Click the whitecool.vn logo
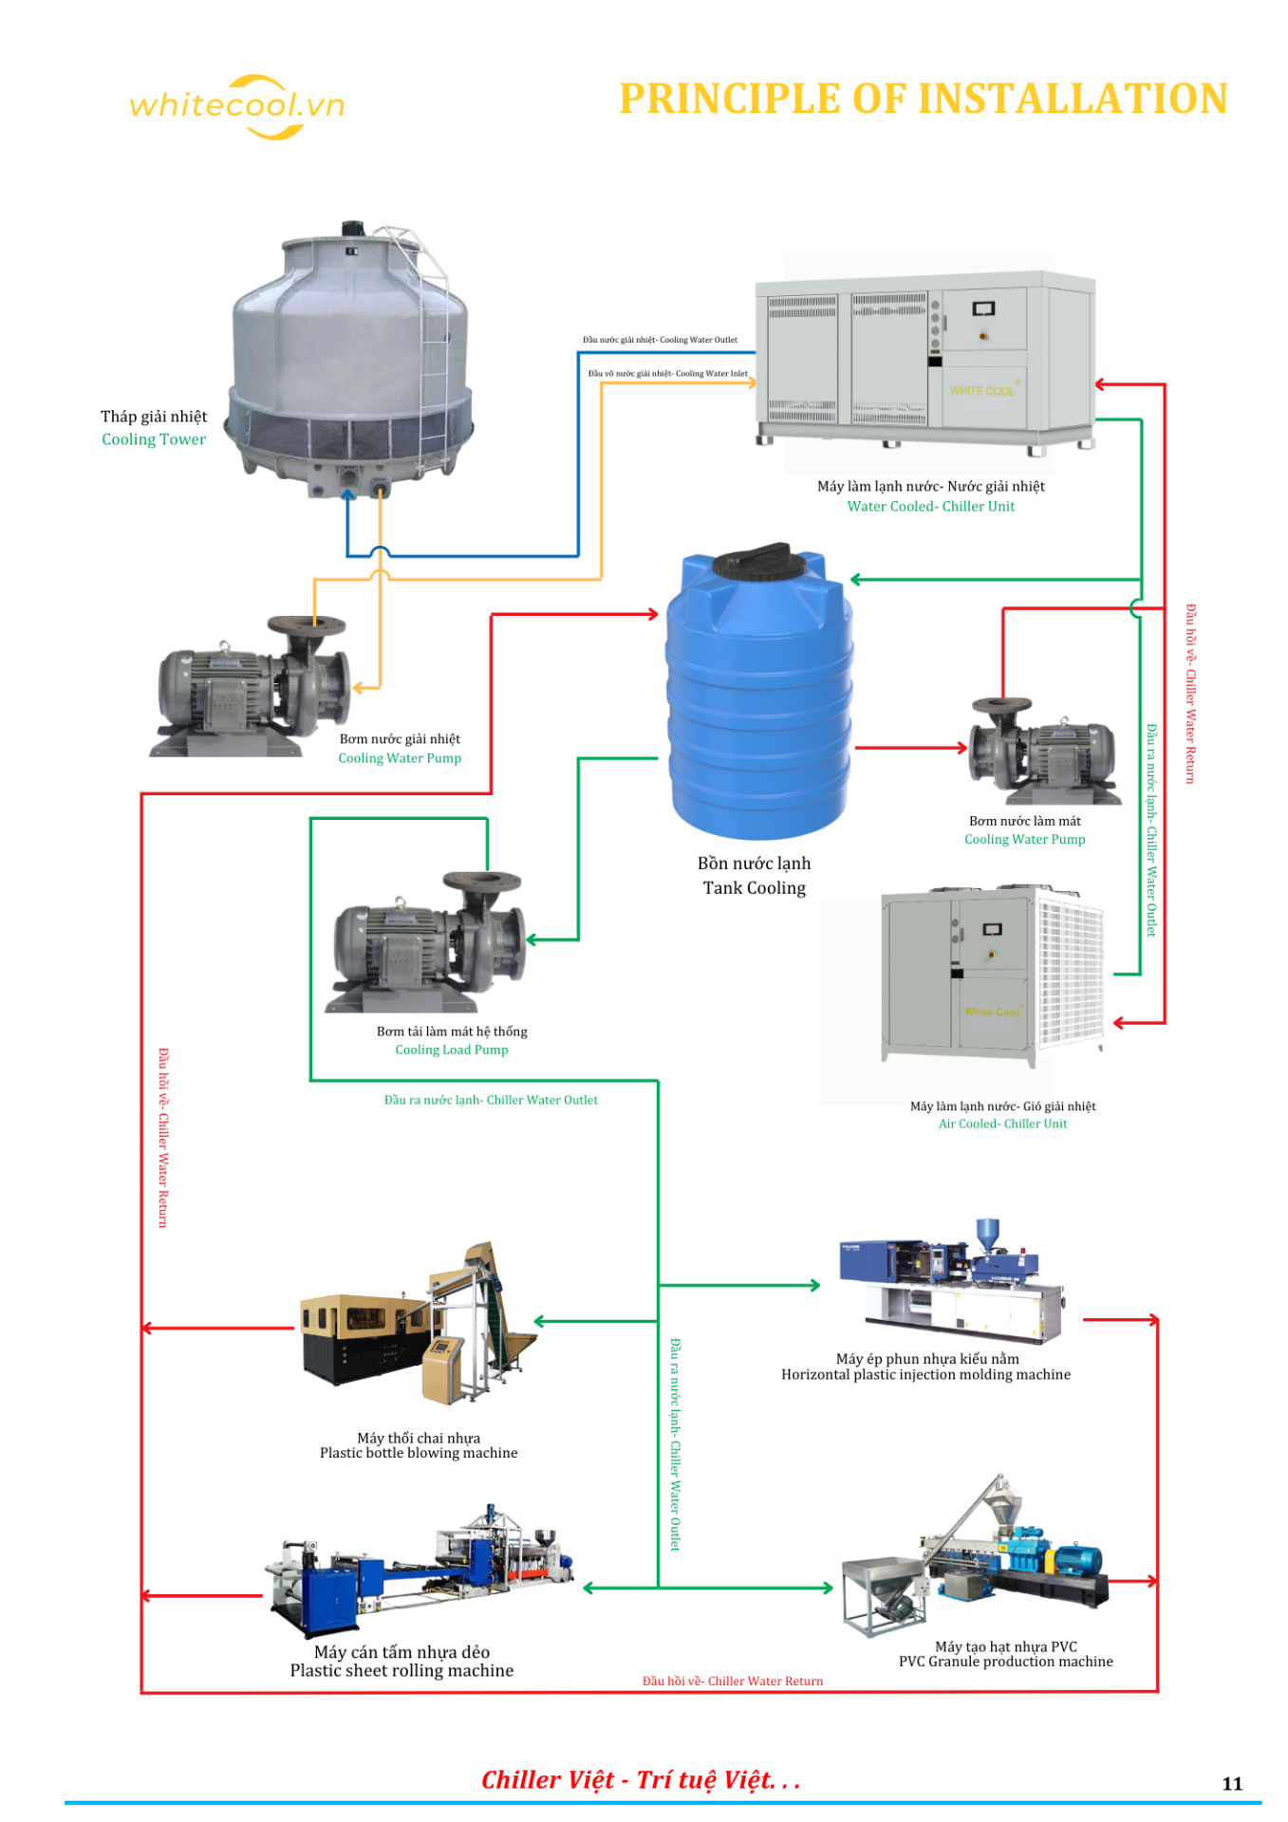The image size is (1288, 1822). click(237, 105)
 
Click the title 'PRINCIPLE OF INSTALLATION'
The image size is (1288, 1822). click(923, 99)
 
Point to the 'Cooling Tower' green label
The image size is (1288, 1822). click(154, 439)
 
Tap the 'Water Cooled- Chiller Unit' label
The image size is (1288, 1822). click(930, 507)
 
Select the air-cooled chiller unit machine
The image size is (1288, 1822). click(992, 973)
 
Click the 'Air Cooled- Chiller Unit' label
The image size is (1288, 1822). click(1002, 1124)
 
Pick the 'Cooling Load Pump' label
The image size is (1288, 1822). click(452, 1050)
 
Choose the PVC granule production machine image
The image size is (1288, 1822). click(978, 1556)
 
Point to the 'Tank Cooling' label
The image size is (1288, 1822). click(754, 888)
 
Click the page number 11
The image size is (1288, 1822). click(1232, 1783)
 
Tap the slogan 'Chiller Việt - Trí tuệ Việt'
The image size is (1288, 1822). click(640, 1780)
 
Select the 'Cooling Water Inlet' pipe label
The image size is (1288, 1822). click(668, 374)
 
